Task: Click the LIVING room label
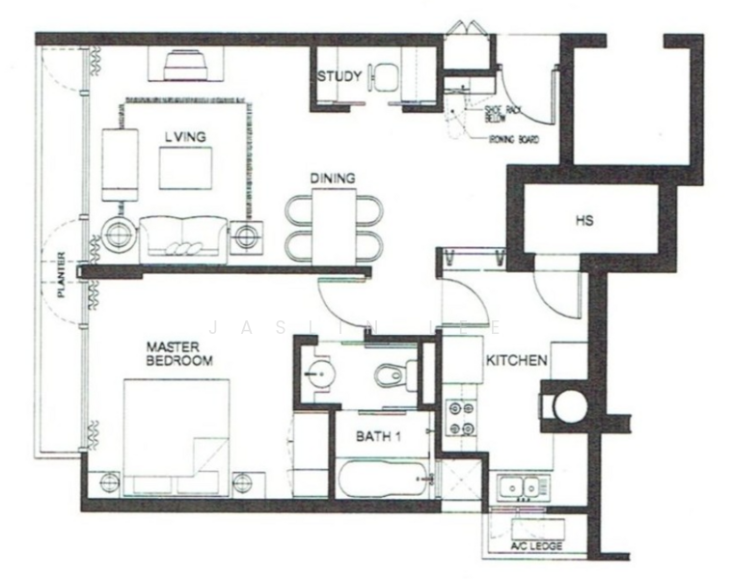click(x=186, y=138)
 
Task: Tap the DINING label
click(x=333, y=179)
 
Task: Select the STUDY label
click(x=340, y=76)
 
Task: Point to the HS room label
click(x=583, y=221)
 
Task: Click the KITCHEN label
click(x=517, y=361)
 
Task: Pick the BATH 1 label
click(x=378, y=436)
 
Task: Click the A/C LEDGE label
click(x=537, y=546)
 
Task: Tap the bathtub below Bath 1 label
click(x=381, y=478)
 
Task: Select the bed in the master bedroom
click(x=176, y=436)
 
